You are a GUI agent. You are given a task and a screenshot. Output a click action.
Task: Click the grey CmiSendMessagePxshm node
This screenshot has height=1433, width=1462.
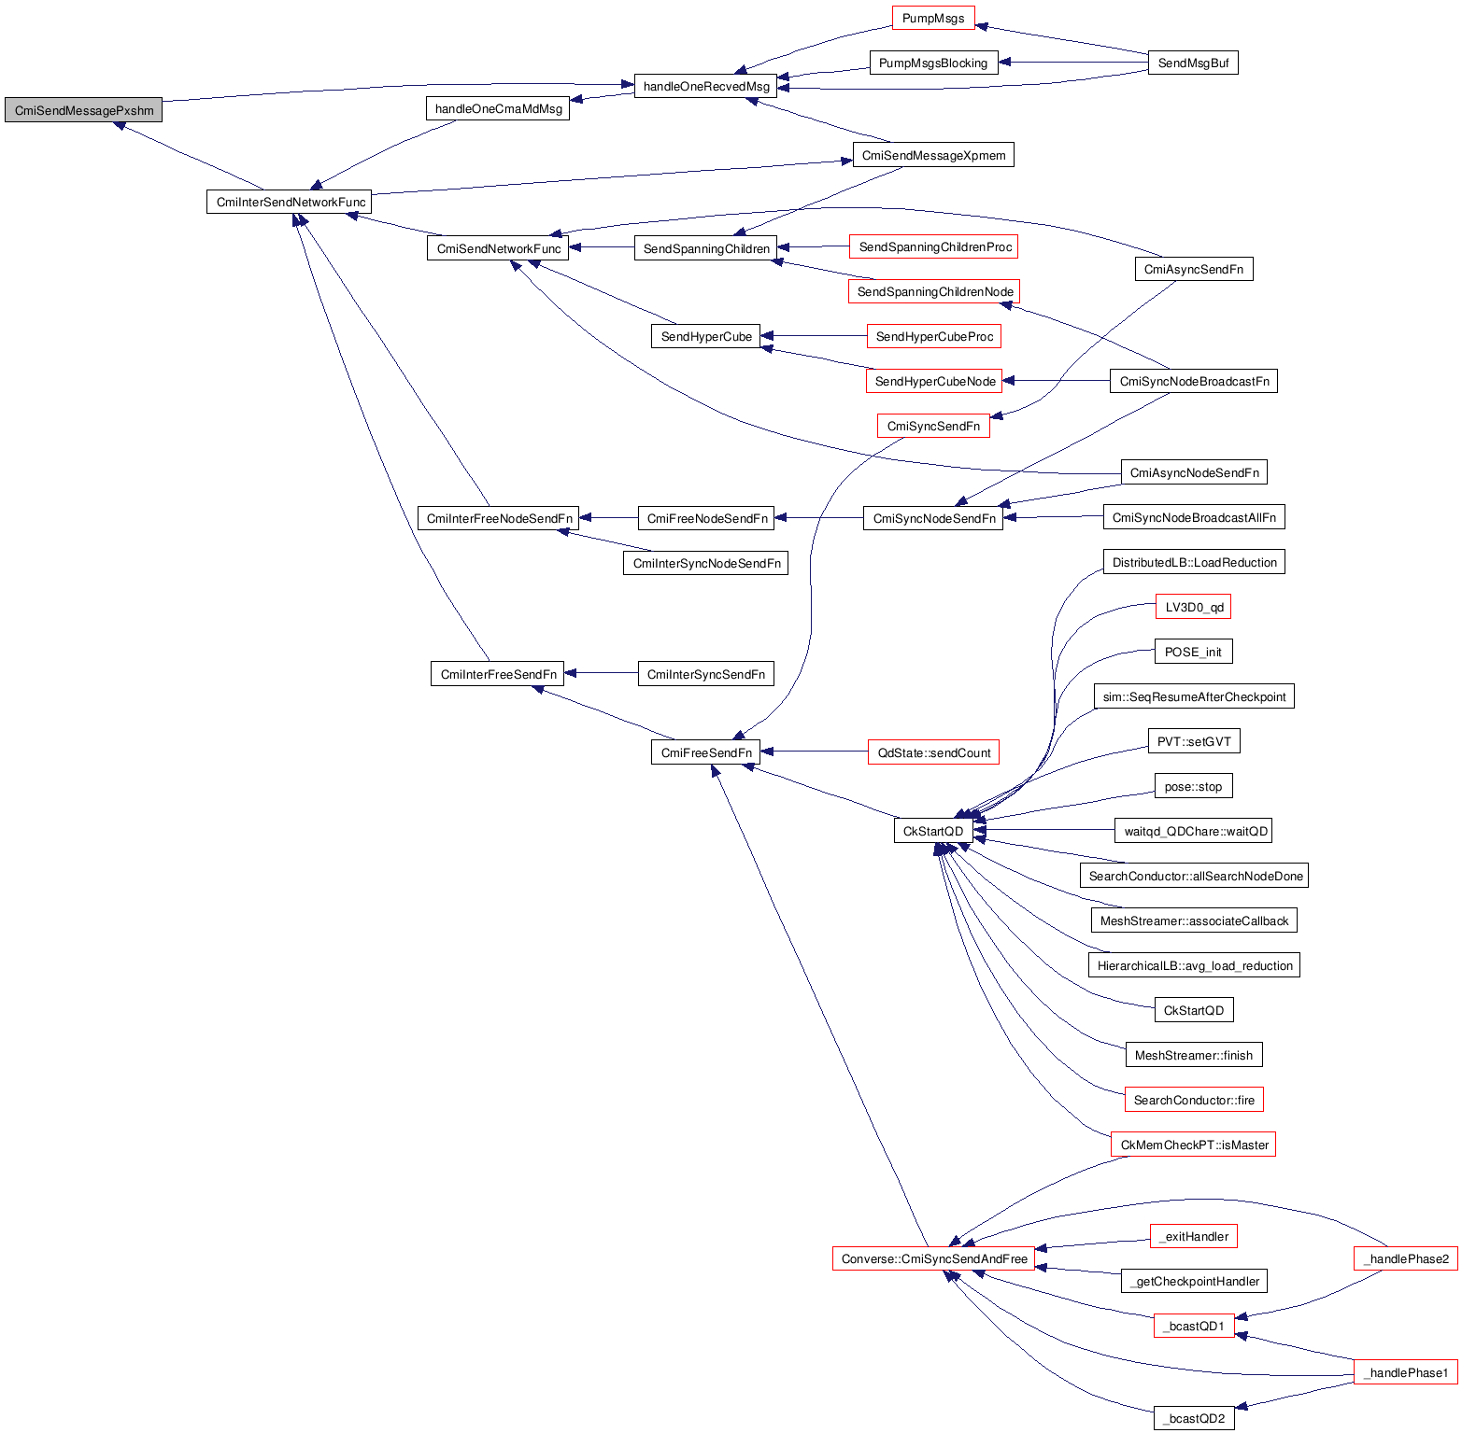84,110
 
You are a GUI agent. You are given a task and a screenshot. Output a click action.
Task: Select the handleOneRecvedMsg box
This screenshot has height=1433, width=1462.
706,87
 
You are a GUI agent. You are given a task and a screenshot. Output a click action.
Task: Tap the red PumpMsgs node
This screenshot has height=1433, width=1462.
933,19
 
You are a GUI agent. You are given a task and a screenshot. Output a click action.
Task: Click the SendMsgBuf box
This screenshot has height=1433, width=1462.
1193,63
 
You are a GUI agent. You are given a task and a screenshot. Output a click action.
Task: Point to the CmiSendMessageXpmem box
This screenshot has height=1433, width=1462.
933,155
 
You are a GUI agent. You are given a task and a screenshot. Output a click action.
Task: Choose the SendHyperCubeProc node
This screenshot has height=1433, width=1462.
934,336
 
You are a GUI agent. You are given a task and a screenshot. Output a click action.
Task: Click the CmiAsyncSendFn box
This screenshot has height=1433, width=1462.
1194,269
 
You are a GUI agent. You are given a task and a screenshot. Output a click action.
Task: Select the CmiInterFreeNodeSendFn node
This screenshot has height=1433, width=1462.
499,518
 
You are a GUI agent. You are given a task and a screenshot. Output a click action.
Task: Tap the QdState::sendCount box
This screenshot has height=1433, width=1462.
933,752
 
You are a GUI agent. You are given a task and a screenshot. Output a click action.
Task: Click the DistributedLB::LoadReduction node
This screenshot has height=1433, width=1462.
1194,562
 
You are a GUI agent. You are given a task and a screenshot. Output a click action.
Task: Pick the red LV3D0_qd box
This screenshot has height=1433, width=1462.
1194,607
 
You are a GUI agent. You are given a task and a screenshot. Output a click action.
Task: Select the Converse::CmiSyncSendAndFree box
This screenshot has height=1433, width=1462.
934,1258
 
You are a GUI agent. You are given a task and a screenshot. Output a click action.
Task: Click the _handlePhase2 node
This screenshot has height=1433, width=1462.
1406,1258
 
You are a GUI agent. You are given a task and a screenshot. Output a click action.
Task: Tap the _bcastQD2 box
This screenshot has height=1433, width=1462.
1194,1418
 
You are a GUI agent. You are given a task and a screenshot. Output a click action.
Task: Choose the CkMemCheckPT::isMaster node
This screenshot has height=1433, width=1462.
1194,1145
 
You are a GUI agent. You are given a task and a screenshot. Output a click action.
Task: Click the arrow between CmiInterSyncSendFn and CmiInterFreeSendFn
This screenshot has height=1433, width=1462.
602,673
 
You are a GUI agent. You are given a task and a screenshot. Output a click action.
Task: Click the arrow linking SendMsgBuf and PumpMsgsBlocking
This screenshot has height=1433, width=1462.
1073,63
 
